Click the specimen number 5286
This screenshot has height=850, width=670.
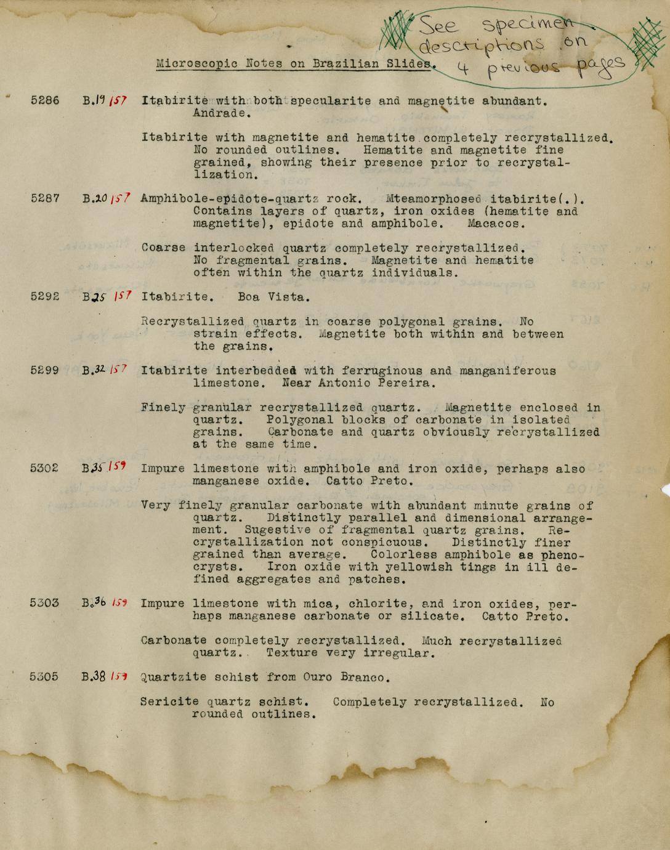pyautogui.click(x=45, y=100)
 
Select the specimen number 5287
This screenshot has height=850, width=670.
pyautogui.click(x=45, y=198)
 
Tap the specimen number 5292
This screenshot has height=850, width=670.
pyautogui.click(x=45, y=296)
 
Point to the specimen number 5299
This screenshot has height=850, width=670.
pyautogui.click(x=45, y=370)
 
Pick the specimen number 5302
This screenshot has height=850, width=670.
pyautogui.click(x=45, y=468)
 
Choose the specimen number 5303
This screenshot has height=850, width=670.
pyautogui.click(x=45, y=603)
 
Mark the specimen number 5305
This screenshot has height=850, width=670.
pyautogui.click(x=45, y=677)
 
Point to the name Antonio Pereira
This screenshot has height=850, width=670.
pyautogui.click(x=358, y=383)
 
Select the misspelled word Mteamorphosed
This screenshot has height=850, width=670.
pyautogui.click(x=434, y=199)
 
